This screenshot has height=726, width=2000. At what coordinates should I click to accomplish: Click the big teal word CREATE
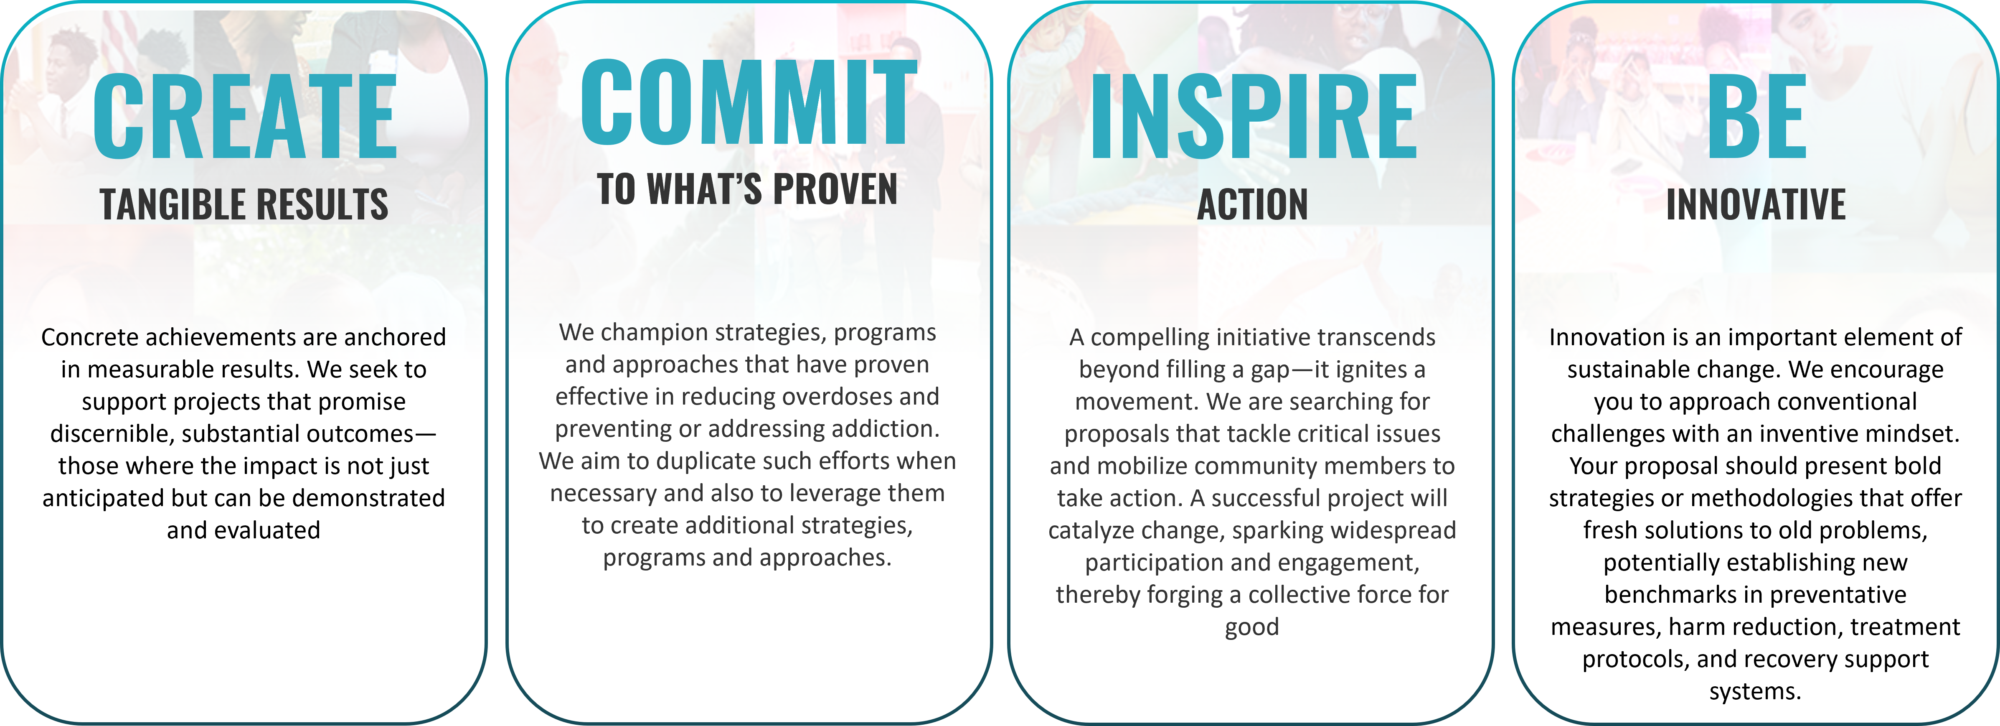(x=244, y=117)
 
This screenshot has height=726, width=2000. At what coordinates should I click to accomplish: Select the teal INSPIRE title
(x=1253, y=117)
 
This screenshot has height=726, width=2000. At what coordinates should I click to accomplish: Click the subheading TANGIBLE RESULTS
(x=244, y=204)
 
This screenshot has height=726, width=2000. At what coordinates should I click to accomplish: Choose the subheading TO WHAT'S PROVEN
(x=747, y=189)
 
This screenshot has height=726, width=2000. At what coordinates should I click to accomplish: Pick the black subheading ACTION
(x=1252, y=204)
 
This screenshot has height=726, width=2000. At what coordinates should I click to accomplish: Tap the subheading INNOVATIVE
(x=1756, y=204)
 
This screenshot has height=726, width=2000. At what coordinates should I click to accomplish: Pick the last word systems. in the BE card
(x=1755, y=691)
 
